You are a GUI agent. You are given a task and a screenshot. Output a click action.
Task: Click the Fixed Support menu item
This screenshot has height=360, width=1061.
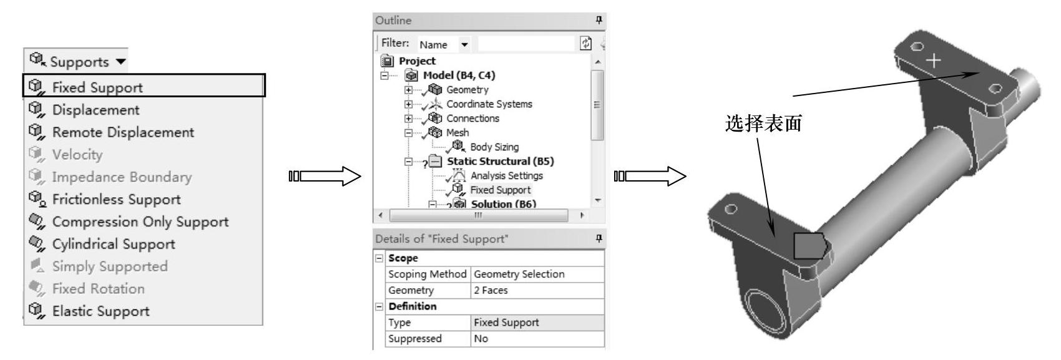[97, 87]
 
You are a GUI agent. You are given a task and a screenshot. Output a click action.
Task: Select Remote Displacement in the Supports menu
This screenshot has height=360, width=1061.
[122, 132]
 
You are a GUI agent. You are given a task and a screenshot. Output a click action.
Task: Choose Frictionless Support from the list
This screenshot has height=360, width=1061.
[116, 200]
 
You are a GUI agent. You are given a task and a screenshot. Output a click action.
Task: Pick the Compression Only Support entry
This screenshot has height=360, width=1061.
[140, 222]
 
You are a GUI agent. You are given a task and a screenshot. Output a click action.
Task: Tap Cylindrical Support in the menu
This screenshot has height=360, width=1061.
[113, 245]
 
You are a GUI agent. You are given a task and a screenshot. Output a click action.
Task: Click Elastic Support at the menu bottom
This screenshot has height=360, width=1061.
[100, 311]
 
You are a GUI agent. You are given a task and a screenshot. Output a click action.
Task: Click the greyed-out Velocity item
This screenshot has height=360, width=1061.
[77, 155]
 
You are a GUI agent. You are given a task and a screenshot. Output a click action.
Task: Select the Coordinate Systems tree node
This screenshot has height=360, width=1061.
[489, 104]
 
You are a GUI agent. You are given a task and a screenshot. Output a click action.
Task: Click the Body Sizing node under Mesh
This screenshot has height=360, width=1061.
[494, 147]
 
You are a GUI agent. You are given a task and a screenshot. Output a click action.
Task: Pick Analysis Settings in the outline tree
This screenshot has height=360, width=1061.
[506, 176]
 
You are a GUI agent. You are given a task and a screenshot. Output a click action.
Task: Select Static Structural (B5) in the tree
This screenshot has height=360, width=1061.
[500, 162]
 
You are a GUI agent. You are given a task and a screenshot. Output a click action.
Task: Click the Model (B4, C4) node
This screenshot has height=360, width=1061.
[459, 75]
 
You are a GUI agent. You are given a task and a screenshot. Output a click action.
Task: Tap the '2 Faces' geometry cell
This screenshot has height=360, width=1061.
[491, 290]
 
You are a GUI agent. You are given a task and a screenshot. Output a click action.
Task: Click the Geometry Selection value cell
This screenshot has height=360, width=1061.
[519, 274]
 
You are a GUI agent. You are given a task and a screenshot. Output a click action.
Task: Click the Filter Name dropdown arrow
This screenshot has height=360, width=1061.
[464, 45]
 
